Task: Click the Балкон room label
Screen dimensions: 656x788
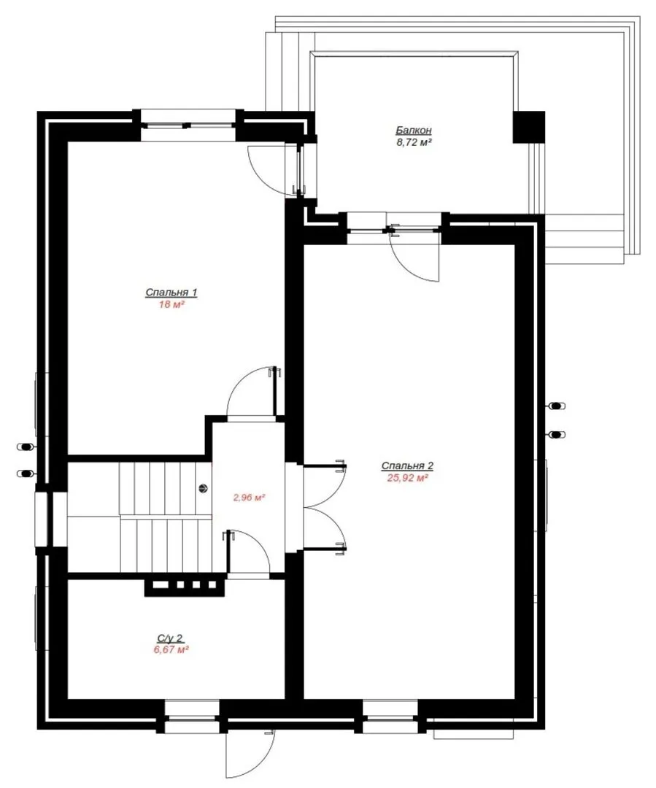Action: [413, 130]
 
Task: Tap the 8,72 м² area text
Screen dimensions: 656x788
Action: [414, 142]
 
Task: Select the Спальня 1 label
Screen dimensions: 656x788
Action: [171, 292]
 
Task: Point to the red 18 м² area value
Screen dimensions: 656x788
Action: [171, 304]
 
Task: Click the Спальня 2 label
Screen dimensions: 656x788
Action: [407, 466]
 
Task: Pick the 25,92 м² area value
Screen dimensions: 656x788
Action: [407, 478]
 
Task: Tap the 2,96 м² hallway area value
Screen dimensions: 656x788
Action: [249, 498]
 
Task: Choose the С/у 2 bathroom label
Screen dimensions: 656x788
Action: [171, 638]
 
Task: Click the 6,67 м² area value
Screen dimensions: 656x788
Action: [171, 650]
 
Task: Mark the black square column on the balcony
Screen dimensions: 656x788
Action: [529, 127]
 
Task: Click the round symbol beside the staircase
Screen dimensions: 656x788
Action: [204, 487]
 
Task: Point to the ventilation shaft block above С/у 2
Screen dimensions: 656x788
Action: [184, 585]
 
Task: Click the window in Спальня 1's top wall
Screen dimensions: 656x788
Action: [188, 125]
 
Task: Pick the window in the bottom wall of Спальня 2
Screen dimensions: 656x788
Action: [390, 716]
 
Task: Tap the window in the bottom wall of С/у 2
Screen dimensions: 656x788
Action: [192, 716]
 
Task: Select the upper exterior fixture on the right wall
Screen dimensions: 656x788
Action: [557, 406]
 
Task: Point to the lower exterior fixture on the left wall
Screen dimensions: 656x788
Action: [26, 473]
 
